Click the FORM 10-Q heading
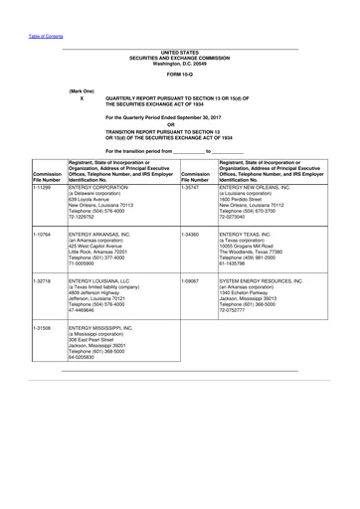click(x=181, y=76)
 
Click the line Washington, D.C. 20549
click(x=181, y=62)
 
